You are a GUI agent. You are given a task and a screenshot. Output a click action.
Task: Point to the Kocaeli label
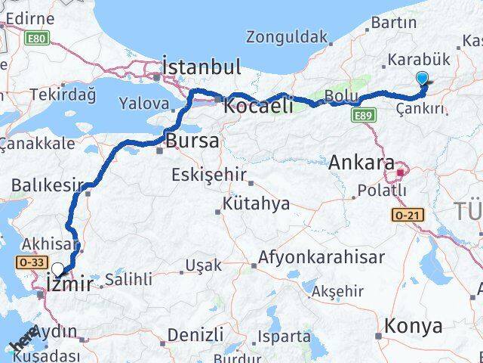pyautogui.click(x=258, y=107)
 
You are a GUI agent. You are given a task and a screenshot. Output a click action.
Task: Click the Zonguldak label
pyautogui.click(x=287, y=36)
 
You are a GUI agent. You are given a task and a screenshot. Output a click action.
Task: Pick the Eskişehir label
pyautogui.click(x=210, y=175)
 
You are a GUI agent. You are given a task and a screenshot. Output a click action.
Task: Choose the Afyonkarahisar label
pyautogui.click(x=321, y=257)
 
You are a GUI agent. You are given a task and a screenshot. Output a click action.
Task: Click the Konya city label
pyautogui.click(x=413, y=327)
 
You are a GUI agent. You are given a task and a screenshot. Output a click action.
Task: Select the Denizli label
pyautogui.click(x=195, y=334)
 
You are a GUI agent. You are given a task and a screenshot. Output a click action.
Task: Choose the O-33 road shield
pyautogui.click(x=28, y=261)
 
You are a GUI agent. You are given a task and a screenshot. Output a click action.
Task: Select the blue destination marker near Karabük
pyautogui.click(x=422, y=78)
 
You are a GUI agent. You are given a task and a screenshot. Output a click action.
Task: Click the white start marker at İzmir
pyautogui.click(x=57, y=269)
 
